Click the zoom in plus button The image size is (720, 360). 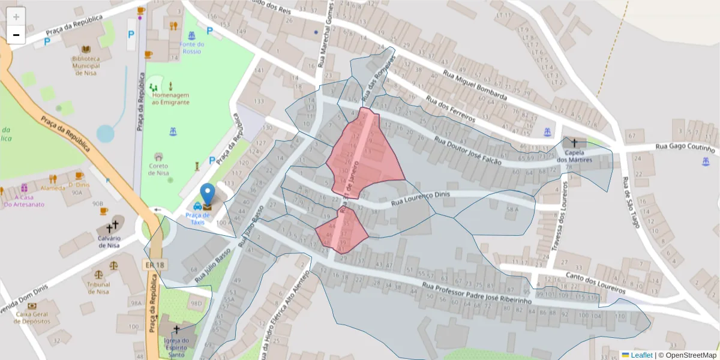[x=16, y=17]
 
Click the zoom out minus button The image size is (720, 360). [x=16, y=35]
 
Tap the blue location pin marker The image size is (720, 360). [x=208, y=195]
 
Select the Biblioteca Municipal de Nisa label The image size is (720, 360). [x=85, y=66]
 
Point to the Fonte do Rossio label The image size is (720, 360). [x=192, y=48]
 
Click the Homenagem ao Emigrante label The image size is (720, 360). [x=170, y=98]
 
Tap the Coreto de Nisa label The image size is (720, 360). [x=158, y=169]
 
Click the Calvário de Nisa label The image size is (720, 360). [x=109, y=241]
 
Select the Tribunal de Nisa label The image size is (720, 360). [x=98, y=288]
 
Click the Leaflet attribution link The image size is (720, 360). [x=641, y=355]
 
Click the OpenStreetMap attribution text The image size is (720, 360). [x=688, y=355]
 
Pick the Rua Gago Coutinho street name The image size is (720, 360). [x=685, y=147]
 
